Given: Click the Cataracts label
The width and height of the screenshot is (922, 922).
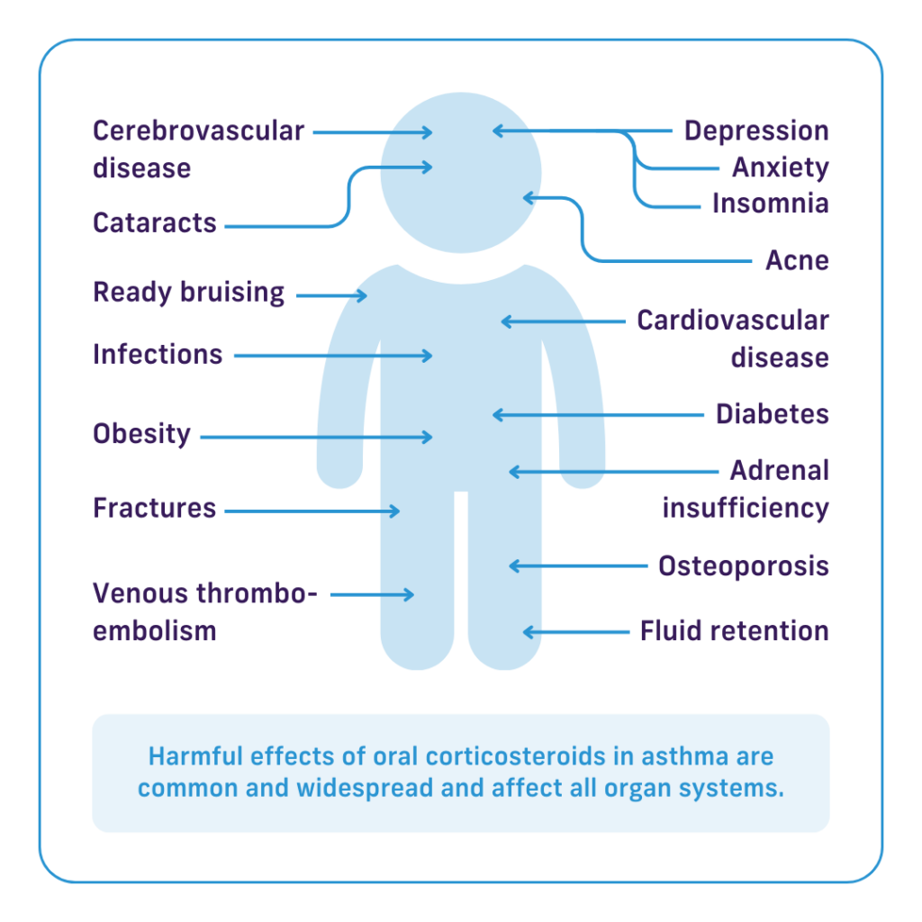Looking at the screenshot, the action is pyautogui.click(x=155, y=223).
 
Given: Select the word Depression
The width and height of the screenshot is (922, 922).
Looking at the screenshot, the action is pyautogui.click(x=756, y=131).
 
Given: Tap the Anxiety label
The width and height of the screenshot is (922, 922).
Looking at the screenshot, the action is pyautogui.click(x=781, y=168).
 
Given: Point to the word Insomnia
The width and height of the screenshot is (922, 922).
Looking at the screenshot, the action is pyautogui.click(x=771, y=203).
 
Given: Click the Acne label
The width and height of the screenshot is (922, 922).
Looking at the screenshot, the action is pyautogui.click(x=798, y=260).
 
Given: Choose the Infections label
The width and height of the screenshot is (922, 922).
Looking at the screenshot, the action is pyautogui.click(x=158, y=355).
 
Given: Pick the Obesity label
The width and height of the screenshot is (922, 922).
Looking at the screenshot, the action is pyautogui.click(x=141, y=434).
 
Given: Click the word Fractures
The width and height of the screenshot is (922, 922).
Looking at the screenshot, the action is pyautogui.click(x=155, y=508).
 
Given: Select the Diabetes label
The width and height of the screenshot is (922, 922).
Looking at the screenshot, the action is pyautogui.click(x=772, y=414).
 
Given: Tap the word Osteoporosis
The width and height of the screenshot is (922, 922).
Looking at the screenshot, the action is pyautogui.click(x=743, y=566).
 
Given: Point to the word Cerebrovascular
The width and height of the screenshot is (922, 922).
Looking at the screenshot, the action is pyautogui.click(x=199, y=131).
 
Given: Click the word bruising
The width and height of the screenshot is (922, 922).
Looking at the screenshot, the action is pyautogui.click(x=232, y=293).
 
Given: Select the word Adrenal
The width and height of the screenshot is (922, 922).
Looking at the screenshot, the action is pyautogui.click(x=780, y=470).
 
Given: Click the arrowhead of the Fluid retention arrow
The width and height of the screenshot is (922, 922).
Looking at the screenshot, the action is pyautogui.click(x=528, y=632).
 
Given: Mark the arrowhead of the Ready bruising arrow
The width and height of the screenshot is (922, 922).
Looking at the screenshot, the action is pyautogui.click(x=363, y=295).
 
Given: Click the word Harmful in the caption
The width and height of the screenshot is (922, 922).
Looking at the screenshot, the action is pyautogui.click(x=195, y=756).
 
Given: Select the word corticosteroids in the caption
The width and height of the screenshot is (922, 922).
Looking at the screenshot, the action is pyautogui.click(x=515, y=756).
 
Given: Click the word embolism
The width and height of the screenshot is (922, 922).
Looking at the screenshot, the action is pyautogui.click(x=155, y=631).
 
